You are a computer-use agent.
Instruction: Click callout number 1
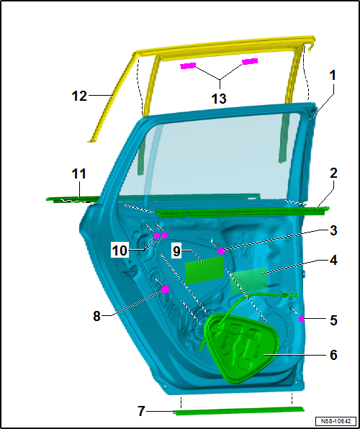(333, 76)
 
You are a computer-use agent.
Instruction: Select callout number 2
(333, 173)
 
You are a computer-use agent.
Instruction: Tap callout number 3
(333, 230)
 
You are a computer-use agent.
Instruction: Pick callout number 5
(333, 320)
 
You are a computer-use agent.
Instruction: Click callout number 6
(333, 355)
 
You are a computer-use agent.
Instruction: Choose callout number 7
(141, 411)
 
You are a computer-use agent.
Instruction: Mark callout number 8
(96, 317)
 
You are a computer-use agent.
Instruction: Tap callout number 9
(177, 252)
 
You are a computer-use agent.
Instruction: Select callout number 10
(120, 250)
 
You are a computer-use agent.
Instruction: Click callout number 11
(79, 173)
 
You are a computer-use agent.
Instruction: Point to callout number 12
(79, 96)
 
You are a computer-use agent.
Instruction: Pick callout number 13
(219, 98)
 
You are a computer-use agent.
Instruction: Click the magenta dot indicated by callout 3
(221, 251)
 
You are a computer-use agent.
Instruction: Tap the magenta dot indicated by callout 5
(302, 319)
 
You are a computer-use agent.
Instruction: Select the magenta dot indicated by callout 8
(166, 289)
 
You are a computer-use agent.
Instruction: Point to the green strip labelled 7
(240, 410)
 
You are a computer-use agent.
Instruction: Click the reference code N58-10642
(336, 421)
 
